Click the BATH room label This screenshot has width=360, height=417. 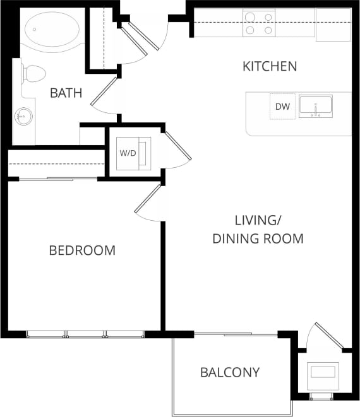pyautogui.click(x=66, y=93)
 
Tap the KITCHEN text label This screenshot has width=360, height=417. pyautogui.click(x=270, y=66)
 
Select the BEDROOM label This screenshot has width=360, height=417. pyautogui.click(x=82, y=250)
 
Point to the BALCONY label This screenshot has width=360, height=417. pyautogui.click(x=230, y=372)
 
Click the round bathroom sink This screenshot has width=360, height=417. pyautogui.click(x=25, y=116)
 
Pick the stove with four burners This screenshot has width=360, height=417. pyautogui.click(x=259, y=23)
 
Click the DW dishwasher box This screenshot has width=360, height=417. pyautogui.click(x=282, y=107)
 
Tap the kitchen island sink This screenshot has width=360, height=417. pyautogui.click(x=315, y=106)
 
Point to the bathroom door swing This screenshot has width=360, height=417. pyautogui.click(x=104, y=95)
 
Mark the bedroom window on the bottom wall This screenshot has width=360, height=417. pyautogui.click(x=85, y=334)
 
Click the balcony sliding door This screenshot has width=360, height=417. pyautogui.click(x=235, y=334)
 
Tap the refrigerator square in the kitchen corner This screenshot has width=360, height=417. pyautogui.click(x=333, y=25)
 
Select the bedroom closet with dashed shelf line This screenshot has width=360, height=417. pyautogui.click(x=56, y=164)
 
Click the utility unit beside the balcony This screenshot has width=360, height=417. pyautogui.click(x=322, y=372)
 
